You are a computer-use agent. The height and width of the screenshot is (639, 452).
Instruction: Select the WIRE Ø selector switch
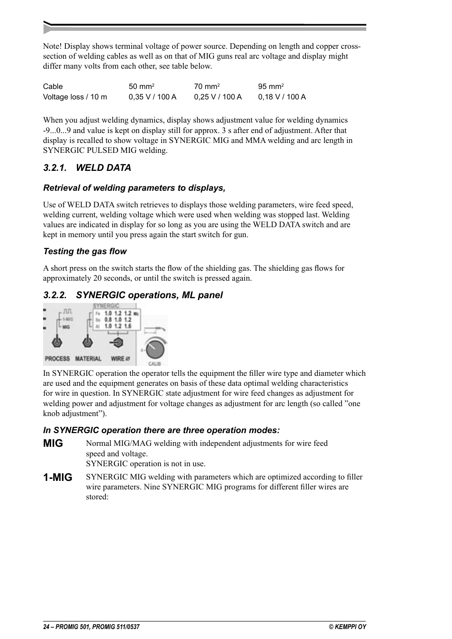[117, 342]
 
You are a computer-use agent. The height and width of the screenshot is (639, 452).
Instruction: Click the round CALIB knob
[155, 349]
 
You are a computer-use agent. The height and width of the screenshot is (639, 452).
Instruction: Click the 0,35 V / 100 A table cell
[152, 97]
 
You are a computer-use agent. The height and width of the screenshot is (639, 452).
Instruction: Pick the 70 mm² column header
[207, 87]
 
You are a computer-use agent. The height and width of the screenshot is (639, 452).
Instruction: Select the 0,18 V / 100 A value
[282, 97]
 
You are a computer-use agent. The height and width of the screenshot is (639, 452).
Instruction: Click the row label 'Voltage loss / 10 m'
[75, 97]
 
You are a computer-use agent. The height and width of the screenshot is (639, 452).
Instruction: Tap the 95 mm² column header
[271, 87]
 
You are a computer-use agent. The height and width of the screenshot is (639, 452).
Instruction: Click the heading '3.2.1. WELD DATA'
[87, 168]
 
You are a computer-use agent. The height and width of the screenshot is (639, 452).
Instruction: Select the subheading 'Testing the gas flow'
[85, 251]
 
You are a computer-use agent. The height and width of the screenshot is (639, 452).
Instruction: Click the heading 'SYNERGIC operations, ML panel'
[149, 295]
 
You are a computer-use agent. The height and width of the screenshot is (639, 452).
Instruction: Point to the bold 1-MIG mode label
[58, 478]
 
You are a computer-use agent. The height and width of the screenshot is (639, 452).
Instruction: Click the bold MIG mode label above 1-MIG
[53, 444]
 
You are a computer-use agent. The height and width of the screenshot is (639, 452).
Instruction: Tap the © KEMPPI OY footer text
[347, 627]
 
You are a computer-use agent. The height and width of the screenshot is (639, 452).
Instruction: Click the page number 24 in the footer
[46, 627]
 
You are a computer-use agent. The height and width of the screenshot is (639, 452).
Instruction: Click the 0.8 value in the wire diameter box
[108, 319]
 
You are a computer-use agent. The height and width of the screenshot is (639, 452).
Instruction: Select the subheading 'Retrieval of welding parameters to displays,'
[134, 188]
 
